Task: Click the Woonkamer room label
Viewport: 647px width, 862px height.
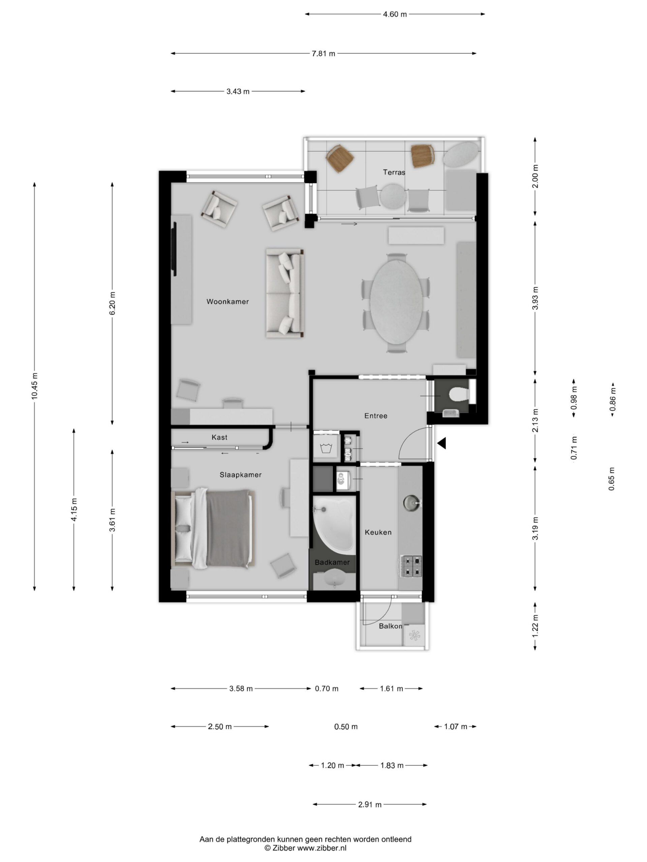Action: [x=227, y=301]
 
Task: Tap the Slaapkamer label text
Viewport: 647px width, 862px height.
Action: [x=240, y=475]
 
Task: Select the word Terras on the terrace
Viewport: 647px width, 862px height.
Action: [x=394, y=172]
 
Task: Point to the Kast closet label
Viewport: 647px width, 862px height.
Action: [x=219, y=437]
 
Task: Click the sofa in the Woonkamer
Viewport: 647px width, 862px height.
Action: [x=285, y=293]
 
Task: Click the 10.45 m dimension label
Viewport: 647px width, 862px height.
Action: [x=35, y=386]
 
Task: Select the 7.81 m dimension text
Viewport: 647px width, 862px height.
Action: [x=323, y=54]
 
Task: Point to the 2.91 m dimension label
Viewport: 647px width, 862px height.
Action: [x=370, y=804]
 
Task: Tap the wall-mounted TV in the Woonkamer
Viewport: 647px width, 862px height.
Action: [x=174, y=249]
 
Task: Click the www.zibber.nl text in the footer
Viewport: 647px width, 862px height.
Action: [x=322, y=848]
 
